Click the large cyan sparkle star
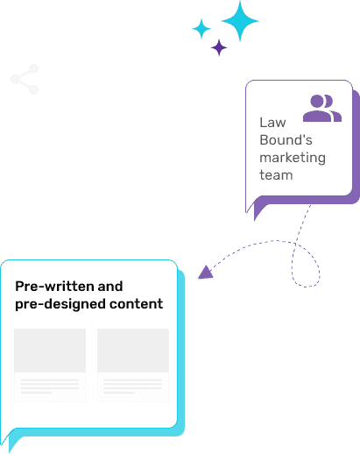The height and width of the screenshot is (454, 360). point(240,21)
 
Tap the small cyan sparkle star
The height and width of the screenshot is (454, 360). point(201,29)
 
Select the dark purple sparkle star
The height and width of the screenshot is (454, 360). point(219,47)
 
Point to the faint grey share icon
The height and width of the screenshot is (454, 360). point(25,79)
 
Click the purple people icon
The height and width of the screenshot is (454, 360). point(322,108)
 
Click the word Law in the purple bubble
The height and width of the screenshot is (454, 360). point(272,123)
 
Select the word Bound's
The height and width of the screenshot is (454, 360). point(286,140)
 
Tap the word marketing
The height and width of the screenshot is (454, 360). point(293,158)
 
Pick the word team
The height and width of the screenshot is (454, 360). point(276,175)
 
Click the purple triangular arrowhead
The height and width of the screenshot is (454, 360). point(206,273)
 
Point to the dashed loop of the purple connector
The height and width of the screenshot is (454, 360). point(306,265)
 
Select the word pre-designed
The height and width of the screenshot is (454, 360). point(60,304)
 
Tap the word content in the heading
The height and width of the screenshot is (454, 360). point(136,304)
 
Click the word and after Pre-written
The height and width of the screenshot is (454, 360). point(110,286)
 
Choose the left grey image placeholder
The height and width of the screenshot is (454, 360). point(50,351)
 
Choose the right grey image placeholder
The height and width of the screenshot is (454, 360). point(133,351)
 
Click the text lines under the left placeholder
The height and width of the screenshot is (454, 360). point(50,387)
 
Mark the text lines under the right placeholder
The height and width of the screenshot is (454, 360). point(133,387)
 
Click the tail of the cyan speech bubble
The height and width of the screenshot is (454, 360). point(10,440)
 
